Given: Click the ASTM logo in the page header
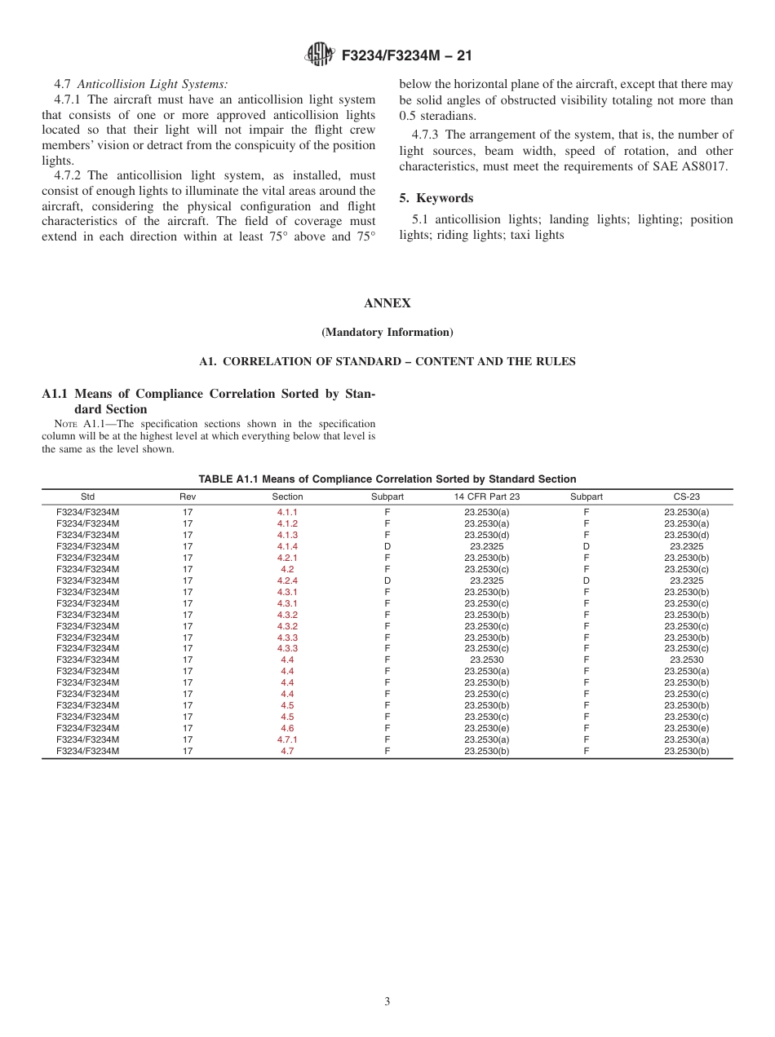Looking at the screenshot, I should pos(319,55).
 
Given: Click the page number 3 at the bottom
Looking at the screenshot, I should pos(387,1001).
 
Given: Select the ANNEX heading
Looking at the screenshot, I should pos(387,303).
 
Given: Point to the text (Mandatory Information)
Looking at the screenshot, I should pos(387,333).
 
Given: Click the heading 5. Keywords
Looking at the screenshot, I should pos(436,198).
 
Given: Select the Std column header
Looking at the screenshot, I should pos(87,496).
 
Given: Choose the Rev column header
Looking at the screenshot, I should pos(188,496).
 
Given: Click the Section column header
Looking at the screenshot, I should pos(287,496).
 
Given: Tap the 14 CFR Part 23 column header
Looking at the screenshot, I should pos(487,496).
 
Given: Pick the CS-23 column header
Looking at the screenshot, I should pos(686,496).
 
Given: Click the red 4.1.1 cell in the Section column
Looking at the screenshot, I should pos(287,512).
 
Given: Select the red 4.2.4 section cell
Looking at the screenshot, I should pos(287,580).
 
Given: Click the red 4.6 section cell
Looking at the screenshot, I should pos(287,728).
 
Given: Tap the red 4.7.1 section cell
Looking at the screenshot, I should pos(287,739).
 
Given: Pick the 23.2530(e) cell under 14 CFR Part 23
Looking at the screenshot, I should pos(487,728).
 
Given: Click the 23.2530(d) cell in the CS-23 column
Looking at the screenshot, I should pos(686,535).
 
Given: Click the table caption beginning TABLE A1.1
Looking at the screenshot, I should pos(387,479).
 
